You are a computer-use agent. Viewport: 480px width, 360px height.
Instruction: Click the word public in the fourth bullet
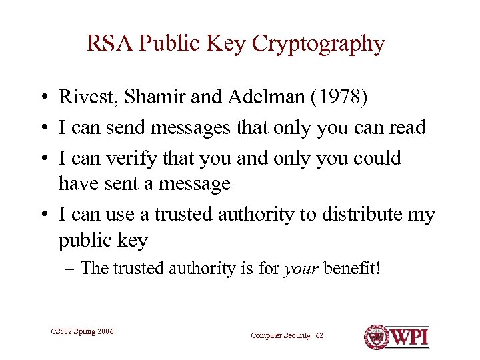(x=85, y=240)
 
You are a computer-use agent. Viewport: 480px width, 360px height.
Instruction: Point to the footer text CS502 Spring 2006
(x=82, y=331)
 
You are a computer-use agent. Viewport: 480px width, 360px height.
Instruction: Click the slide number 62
(x=319, y=335)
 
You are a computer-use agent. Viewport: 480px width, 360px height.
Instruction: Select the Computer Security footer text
(x=280, y=335)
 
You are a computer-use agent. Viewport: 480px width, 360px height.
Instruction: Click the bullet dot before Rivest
(x=42, y=98)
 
